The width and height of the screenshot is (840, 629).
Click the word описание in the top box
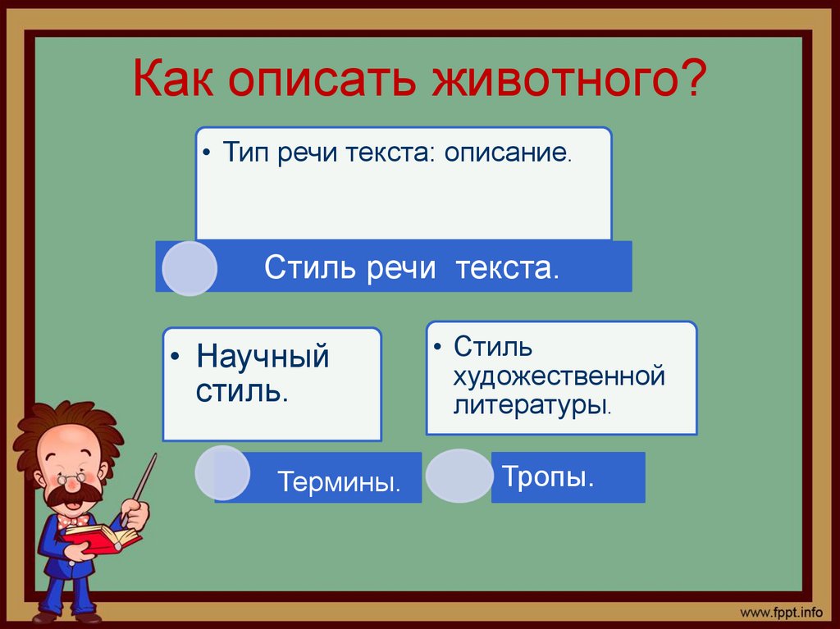[506, 153]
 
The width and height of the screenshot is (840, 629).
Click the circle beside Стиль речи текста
[189, 268]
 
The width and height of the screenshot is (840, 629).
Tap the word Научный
[262, 358]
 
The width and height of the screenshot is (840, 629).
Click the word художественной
[558, 376]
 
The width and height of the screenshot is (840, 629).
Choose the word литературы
[530, 404]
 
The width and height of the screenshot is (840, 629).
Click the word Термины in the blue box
[338, 481]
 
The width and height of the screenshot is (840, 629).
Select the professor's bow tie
[74, 520]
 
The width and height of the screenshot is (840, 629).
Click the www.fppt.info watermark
[781, 612]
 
